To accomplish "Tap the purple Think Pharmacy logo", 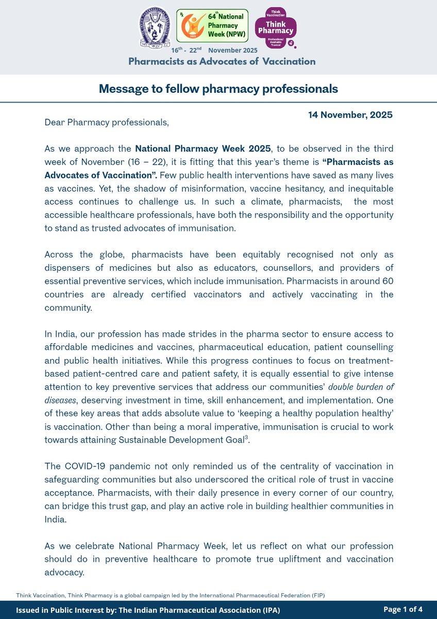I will point(279,28).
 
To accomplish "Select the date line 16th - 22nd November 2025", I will point(214,51).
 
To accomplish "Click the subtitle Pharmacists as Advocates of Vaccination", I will point(222,61).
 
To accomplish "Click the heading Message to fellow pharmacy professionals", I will point(218,89).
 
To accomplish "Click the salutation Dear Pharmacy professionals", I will point(106,122).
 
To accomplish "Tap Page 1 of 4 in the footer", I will point(402,610).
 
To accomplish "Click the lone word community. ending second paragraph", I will point(68,308).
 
